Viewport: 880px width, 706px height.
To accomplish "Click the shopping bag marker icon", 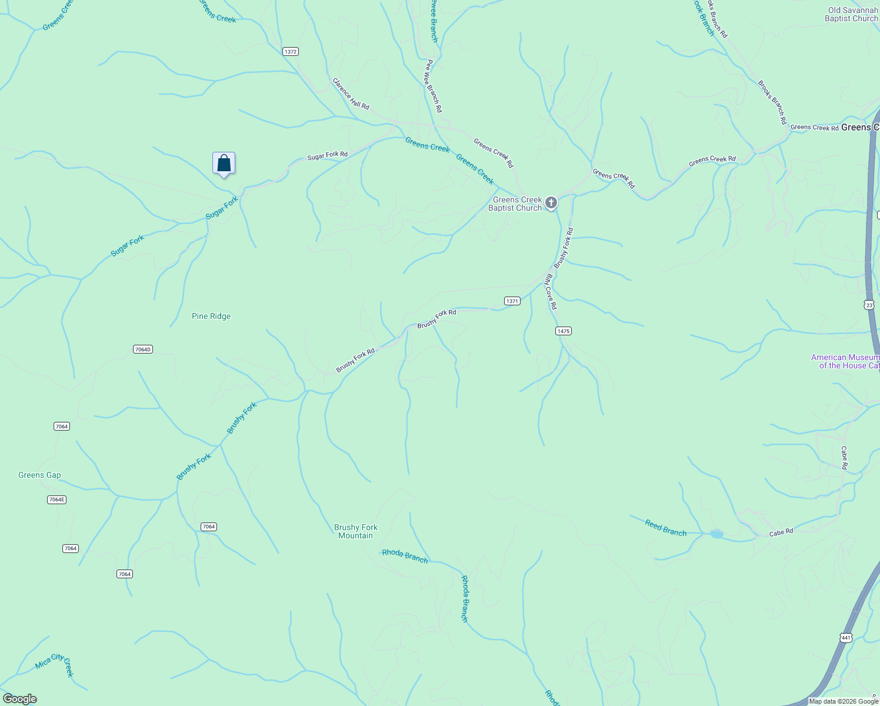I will click(x=224, y=163).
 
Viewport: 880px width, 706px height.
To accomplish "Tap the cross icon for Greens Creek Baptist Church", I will click(x=551, y=204).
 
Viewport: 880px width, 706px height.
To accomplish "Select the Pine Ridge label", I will click(x=211, y=316).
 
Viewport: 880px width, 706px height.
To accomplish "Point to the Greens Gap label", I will click(x=39, y=475).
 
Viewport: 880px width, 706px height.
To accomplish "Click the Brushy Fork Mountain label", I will click(x=356, y=531).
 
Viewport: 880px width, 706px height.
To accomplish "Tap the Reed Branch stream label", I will click(x=665, y=528).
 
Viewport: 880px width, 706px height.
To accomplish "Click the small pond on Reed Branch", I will click(x=716, y=534).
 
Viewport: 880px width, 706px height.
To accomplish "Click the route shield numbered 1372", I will click(x=291, y=52).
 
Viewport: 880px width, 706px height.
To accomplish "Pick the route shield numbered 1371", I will click(x=512, y=301).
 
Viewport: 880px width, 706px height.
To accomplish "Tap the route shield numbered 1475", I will click(x=564, y=331).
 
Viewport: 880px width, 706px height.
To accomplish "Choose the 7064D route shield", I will click(x=143, y=349).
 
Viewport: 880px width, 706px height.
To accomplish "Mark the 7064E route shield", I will click(x=56, y=499).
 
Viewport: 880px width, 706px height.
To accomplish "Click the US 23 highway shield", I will click(x=869, y=304).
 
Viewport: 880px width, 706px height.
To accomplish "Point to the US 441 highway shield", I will click(x=846, y=638).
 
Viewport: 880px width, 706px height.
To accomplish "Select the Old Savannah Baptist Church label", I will click(x=852, y=14).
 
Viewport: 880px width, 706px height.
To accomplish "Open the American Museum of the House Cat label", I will click(x=845, y=361).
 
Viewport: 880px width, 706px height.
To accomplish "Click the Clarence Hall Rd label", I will click(x=351, y=94).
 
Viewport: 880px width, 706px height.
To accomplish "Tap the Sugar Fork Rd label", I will click(x=327, y=155).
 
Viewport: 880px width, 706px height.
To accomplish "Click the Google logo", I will click(x=19, y=699).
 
